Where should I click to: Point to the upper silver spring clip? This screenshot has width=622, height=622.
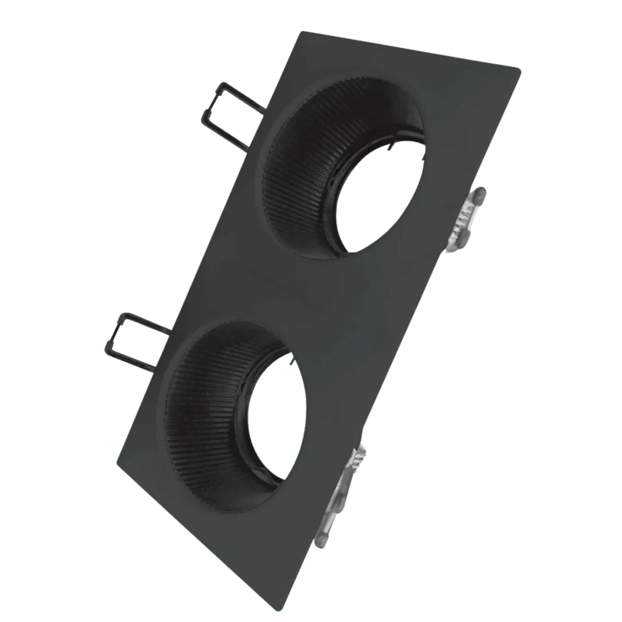466,218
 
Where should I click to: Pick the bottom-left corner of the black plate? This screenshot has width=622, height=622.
115,461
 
